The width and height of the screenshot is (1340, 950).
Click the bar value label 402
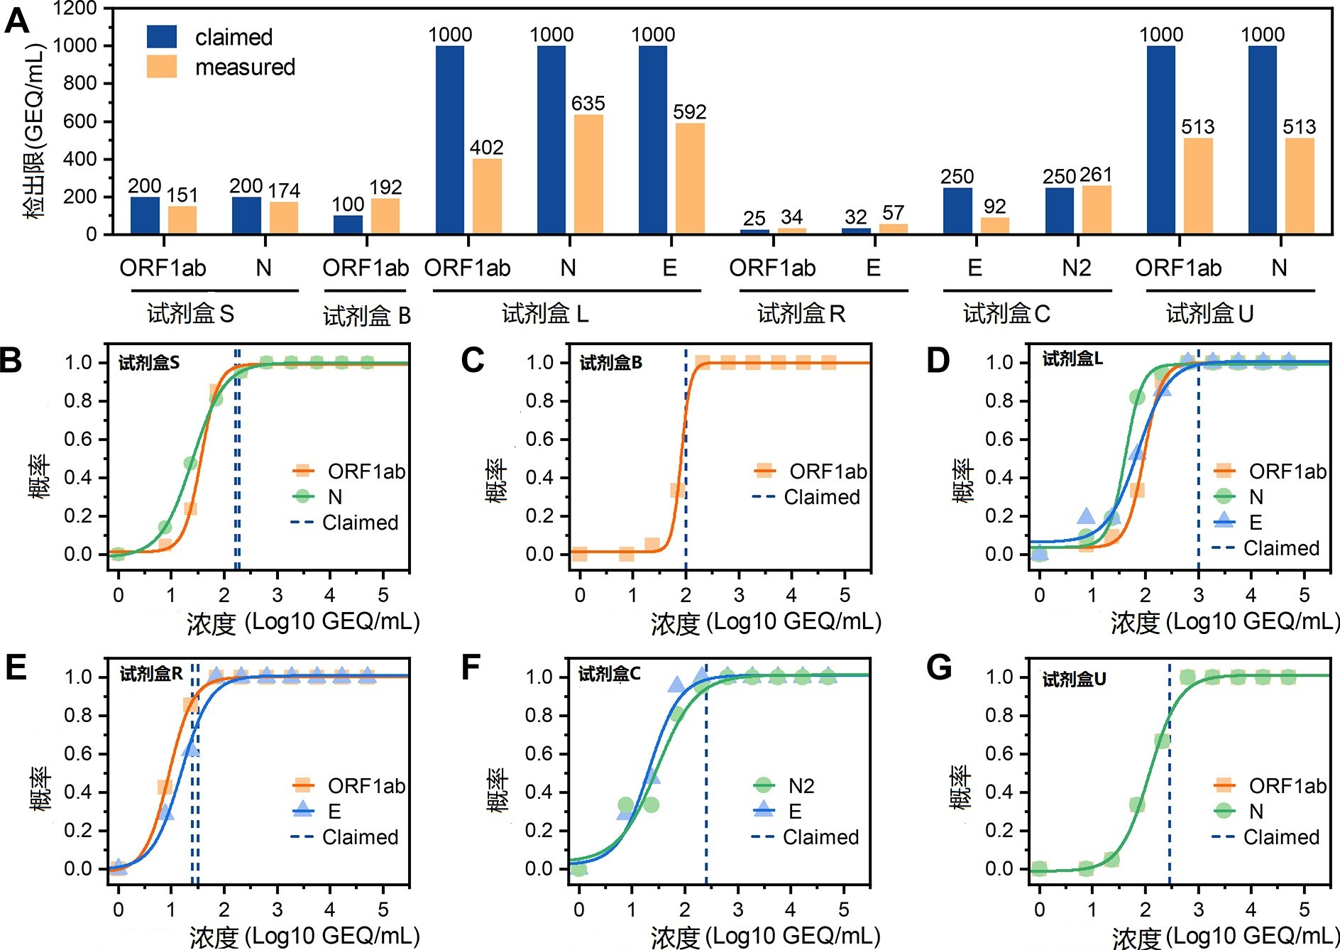tap(486, 148)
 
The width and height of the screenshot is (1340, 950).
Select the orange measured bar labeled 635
tap(588, 174)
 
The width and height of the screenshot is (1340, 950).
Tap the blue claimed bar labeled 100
tap(348, 224)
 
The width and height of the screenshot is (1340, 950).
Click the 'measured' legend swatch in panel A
tap(162, 67)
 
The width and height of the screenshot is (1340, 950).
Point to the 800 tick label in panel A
tap(79, 83)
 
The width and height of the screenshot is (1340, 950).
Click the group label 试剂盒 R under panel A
tap(801, 313)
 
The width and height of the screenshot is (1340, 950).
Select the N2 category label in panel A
tap(1076, 268)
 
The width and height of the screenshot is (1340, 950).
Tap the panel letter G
tap(938, 668)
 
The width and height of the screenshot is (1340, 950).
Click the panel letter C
tap(473, 360)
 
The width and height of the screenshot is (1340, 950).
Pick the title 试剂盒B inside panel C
tap(610, 363)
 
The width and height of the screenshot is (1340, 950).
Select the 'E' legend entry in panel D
tap(1255, 523)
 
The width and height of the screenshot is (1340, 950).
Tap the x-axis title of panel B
tap(303, 623)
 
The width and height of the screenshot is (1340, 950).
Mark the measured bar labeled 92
tap(994, 225)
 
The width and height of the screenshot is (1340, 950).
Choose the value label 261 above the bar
tap(1095, 175)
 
